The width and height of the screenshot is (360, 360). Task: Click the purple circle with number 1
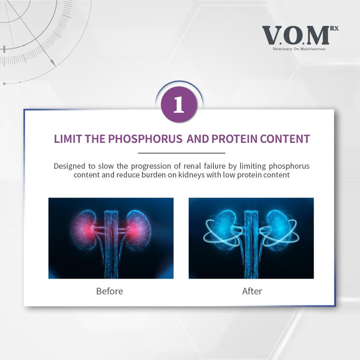(179, 104)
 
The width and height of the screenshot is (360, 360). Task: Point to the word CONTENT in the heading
(285, 139)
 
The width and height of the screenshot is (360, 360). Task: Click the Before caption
(109, 291)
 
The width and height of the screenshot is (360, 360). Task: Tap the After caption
(252, 291)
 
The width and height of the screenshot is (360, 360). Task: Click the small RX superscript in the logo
(334, 28)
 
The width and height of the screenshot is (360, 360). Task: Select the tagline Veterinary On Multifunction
(299, 49)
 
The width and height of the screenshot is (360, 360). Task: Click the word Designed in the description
(69, 166)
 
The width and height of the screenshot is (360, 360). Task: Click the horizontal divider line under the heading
(181, 153)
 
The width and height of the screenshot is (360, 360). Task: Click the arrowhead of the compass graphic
(53, 63)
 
